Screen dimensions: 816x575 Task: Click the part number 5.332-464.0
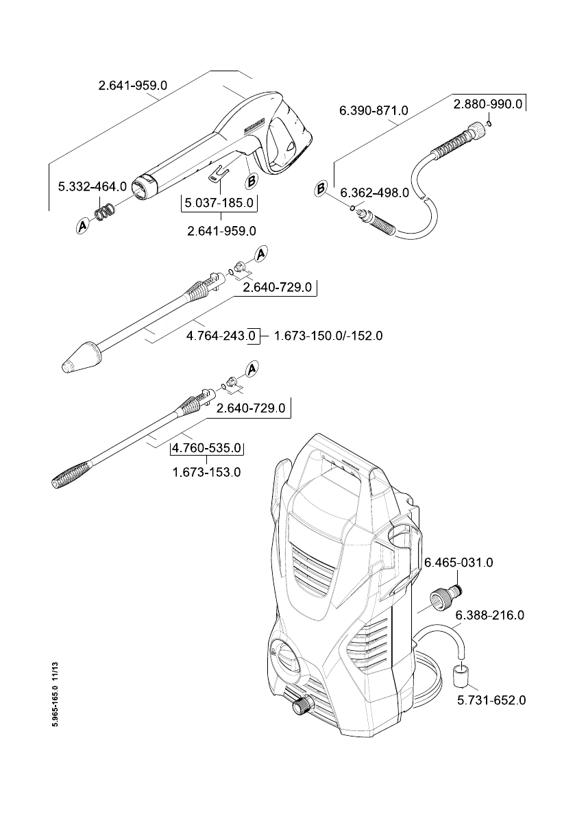93,186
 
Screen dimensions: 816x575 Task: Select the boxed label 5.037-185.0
219,203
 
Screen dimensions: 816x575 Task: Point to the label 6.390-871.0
374,110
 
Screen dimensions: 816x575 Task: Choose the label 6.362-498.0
375,193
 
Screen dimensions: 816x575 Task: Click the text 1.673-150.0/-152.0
328,336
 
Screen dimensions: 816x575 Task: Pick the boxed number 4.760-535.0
207,448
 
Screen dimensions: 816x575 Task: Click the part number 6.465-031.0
458,562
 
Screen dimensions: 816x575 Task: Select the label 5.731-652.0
491,700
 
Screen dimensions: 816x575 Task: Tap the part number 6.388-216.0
490,615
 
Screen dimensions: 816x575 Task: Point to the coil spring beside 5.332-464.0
104,213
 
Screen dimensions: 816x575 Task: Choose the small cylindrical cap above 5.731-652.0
461,674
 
